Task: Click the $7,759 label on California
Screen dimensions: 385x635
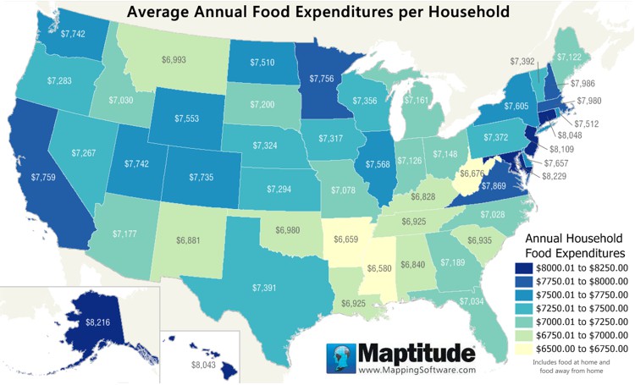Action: coord(45,178)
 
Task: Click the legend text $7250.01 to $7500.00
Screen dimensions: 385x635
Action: coord(584,308)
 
